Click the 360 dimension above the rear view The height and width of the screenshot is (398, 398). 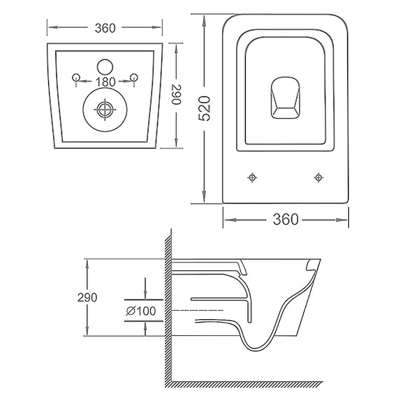click(x=105, y=28)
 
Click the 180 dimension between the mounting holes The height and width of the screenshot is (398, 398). click(x=105, y=82)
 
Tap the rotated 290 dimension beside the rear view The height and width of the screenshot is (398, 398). click(x=176, y=94)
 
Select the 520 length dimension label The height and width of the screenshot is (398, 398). click(x=205, y=108)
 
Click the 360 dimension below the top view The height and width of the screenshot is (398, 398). click(x=286, y=219)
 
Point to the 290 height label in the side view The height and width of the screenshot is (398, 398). click(x=87, y=297)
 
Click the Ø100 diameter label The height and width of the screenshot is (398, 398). click(x=141, y=311)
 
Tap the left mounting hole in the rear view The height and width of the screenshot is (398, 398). click(x=76, y=77)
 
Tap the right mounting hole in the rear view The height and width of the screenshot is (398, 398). click(x=134, y=77)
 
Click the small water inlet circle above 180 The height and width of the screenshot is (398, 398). click(x=105, y=67)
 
